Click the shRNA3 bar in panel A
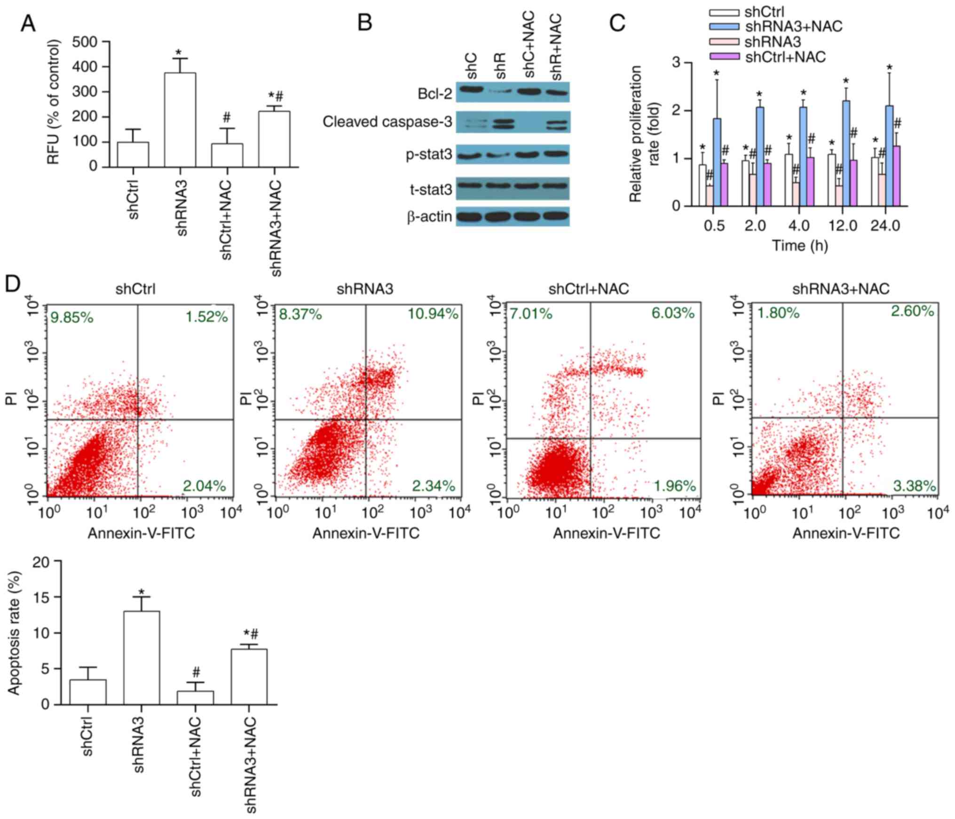pyautogui.click(x=180, y=120)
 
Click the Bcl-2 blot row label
pyautogui.click(x=434, y=94)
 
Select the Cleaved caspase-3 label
pyautogui.click(x=387, y=122)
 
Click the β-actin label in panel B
pyautogui.click(x=429, y=217)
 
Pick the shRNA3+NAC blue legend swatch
pyautogui.click(x=724, y=27)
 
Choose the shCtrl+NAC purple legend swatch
pyautogui.click(x=724, y=57)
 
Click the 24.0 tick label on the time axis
pyautogui.click(x=885, y=226)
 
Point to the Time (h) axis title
pyautogui.click(x=799, y=245)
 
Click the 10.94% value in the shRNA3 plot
pyautogui.click(x=433, y=314)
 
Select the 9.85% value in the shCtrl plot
pyautogui.click(x=72, y=318)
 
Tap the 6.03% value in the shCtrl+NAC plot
pyautogui.click(x=672, y=313)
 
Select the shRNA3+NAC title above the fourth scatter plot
pyautogui.click(x=841, y=289)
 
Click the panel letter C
pyautogui.click(x=617, y=23)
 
